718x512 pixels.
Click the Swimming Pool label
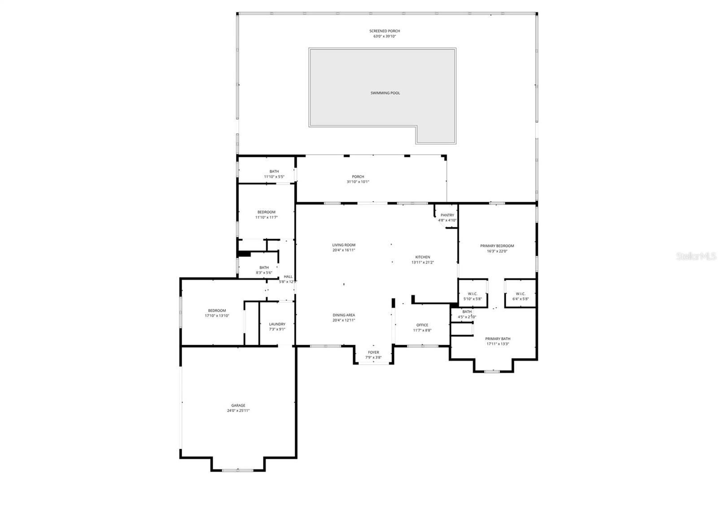385,93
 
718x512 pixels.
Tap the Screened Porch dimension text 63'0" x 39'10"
385,36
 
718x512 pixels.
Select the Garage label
238,405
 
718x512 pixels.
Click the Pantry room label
447,215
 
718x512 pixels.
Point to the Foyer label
373,352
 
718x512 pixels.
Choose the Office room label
422,325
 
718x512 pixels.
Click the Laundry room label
277,324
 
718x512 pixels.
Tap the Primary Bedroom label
497,246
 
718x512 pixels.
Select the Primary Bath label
498,339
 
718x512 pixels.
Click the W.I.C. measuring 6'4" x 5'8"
521,294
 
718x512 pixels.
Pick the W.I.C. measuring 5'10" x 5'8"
472,294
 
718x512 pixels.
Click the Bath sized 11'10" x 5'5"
274,172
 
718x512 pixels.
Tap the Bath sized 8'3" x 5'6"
264,268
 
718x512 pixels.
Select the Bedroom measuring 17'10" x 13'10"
217,311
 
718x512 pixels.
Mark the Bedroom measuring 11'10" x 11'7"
266,212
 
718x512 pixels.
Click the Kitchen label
422,257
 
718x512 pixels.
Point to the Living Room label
344,245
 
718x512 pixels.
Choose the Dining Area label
344,315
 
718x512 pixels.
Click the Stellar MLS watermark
696,256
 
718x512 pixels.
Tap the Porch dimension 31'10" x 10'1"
358,182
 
